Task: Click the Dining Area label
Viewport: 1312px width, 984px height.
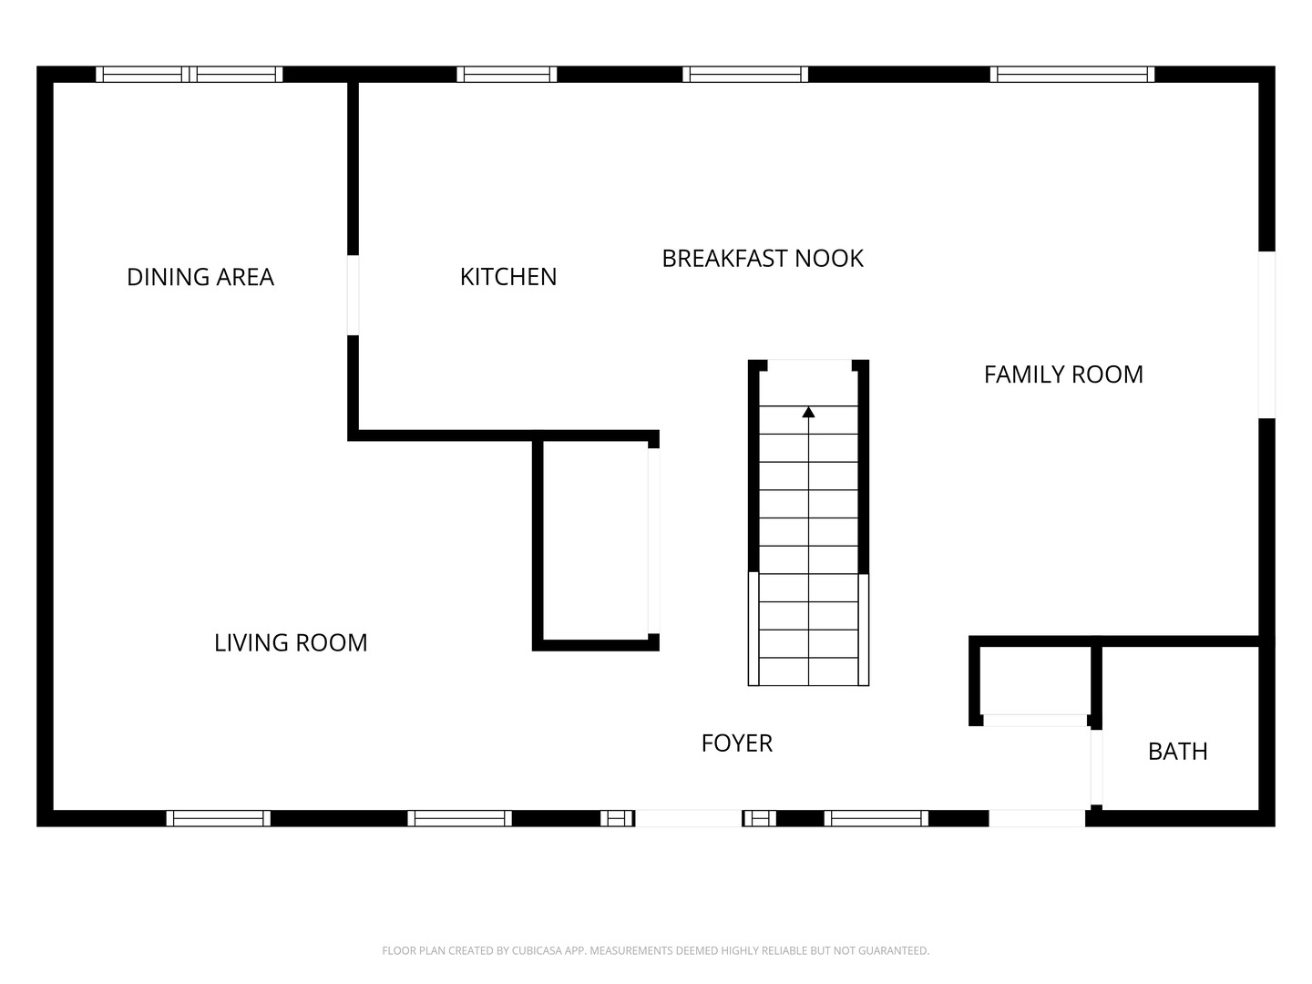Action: click(x=200, y=277)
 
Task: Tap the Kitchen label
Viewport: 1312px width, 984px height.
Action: click(x=507, y=277)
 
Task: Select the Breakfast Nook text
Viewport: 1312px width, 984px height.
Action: click(x=762, y=259)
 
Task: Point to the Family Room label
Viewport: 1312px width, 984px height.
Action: click(x=1063, y=374)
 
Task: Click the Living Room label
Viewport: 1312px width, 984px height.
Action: click(x=291, y=643)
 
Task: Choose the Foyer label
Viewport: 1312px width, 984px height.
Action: click(x=736, y=743)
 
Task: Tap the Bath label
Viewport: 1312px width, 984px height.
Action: click(x=1177, y=752)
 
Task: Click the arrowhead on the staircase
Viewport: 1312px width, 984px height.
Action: click(x=808, y=413)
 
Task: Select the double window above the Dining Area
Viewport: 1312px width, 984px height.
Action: click(x=190, y=75)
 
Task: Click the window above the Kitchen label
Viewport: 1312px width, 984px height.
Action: click(x=507, y=75)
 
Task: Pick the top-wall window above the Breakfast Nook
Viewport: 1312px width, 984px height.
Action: click(x=745, y=75)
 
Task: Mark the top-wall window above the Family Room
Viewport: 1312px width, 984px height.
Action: click(x=1072, y=75)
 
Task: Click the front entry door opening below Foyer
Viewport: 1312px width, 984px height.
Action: click(x=689, y=818)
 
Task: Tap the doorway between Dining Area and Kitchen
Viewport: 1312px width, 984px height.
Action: click(x=353, y=295)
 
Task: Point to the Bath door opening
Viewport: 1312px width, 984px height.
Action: click(x=1097, y=768)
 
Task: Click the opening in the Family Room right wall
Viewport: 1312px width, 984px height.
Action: click(x=1266, y=334)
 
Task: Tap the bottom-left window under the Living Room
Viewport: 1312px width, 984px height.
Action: click(x=219, y=818)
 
